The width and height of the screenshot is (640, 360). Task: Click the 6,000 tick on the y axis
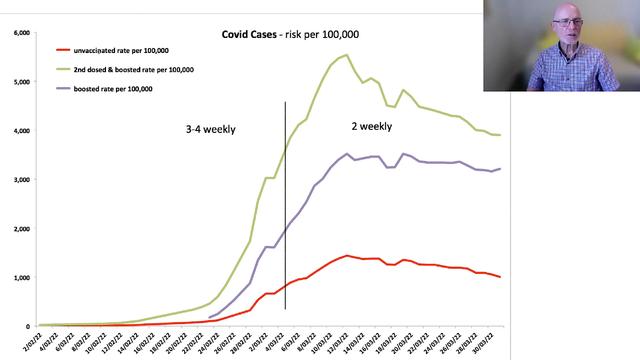[21, 33]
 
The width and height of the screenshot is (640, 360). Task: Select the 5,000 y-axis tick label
[21, 82]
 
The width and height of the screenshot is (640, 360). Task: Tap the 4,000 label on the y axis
[21, 131]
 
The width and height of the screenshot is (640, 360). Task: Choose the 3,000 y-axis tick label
[21, 180]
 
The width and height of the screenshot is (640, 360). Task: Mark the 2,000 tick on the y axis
[21, 229]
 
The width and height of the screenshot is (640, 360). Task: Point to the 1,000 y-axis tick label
[21, 278]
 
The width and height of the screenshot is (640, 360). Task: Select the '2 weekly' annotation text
[371, 127]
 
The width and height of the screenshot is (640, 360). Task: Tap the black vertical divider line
[285, 200]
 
